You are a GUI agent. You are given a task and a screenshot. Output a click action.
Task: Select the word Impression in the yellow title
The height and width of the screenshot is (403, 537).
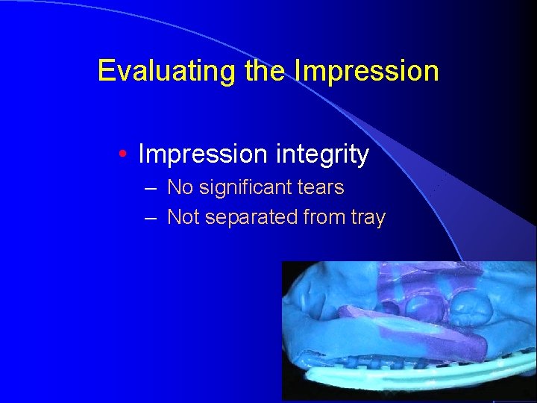(x=367, y=71)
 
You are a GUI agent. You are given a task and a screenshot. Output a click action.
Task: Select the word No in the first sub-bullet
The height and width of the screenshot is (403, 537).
(x=180, y=187)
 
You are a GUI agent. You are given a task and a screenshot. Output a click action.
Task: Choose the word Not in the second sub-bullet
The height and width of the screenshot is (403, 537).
(x=183, y=218)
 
